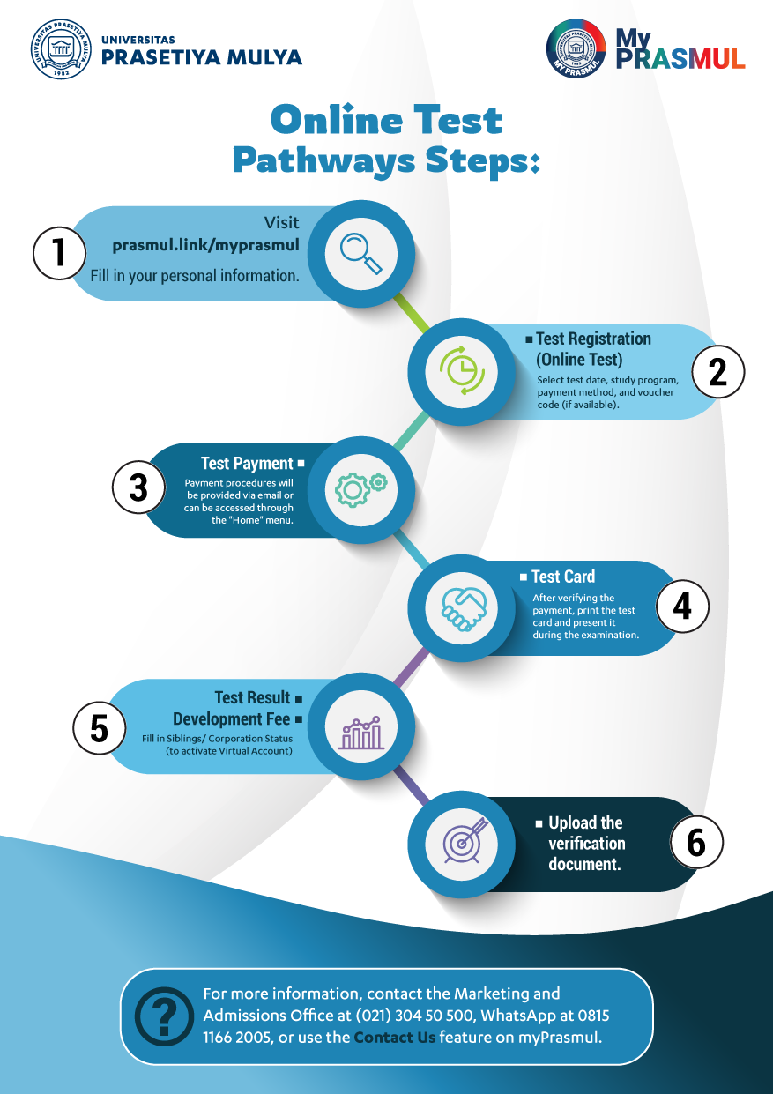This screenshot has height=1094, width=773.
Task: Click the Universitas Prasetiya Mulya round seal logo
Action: [x=61, y=48]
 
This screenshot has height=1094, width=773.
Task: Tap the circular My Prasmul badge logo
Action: [x=576, y=48]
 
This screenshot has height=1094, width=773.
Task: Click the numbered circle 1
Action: [x=59, y=252]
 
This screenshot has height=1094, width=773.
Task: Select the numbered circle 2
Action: [x=717, y=372]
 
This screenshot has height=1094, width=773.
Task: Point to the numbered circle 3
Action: [x=138, y=488]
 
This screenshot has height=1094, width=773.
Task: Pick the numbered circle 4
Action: [x=681, y=607]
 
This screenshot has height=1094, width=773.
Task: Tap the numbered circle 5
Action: [x=99, y=729]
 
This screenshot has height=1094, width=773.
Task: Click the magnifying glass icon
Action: [x=361, y=253]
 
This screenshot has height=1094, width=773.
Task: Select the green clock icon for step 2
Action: [x=461, y=370]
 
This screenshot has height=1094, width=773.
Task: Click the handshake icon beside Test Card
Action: [x=462, y=607]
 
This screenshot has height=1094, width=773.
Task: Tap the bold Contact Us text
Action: [x=394, y=1038]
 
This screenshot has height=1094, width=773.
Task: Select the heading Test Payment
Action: [x=246, y=464]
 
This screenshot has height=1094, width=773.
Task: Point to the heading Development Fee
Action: [x=231, y=719]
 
